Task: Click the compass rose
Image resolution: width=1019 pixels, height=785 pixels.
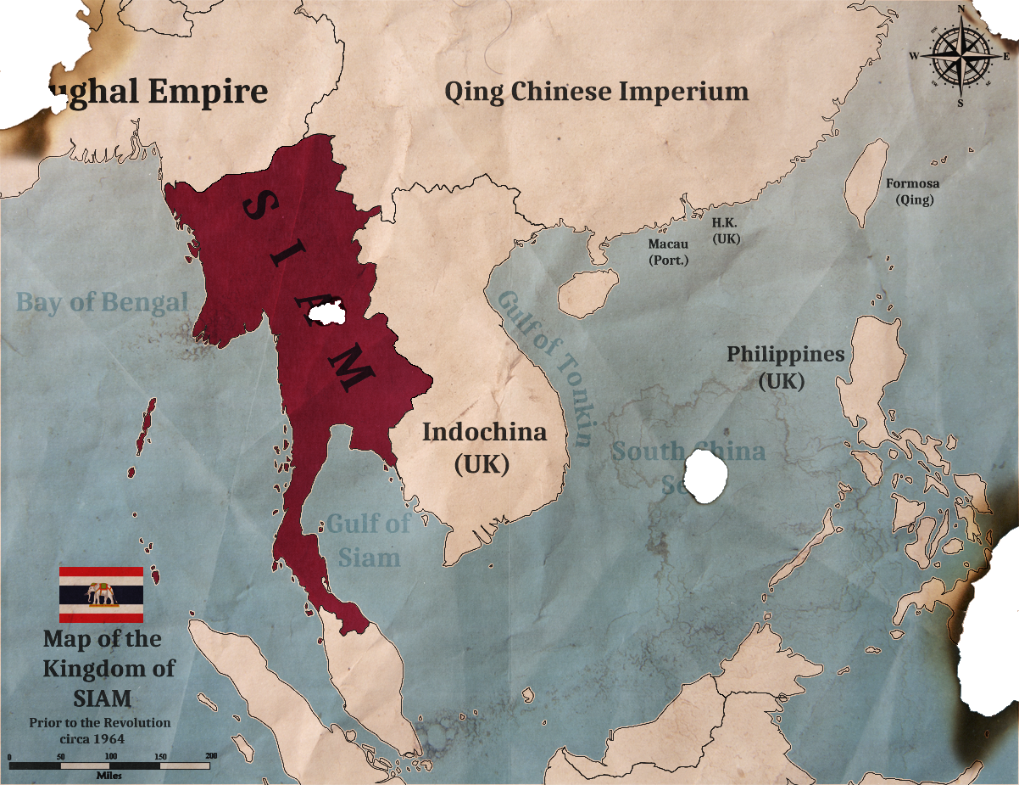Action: pos(961,54)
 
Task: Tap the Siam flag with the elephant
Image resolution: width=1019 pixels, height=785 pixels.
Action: pos(101,595)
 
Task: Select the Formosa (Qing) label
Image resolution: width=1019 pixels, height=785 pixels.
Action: pos(913,192)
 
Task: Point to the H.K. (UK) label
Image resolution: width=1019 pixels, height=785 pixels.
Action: pos(727,230)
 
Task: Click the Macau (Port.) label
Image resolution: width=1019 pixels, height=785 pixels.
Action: pos(668,251)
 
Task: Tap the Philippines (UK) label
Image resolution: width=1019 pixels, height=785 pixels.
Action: pos(785,367)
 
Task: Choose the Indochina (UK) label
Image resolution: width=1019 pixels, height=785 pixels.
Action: pos(484,447)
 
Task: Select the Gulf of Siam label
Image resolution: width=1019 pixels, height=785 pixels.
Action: pos(369,540)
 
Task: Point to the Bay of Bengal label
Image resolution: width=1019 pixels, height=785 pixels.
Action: pos(102,302)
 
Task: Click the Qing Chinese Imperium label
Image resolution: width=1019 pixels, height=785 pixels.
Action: pos(596,92)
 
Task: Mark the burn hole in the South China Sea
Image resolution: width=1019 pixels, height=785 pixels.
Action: pos(706,477)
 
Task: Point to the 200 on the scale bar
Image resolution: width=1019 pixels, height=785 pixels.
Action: pos(211,755)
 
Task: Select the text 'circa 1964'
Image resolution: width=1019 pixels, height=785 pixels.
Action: pos(98,738)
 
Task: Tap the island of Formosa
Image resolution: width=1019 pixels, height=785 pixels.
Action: pos(866,181)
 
